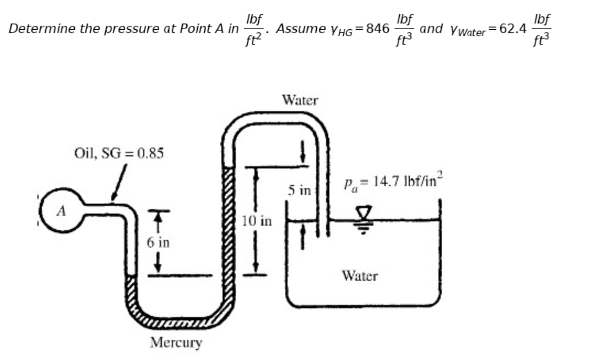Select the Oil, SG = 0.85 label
119,152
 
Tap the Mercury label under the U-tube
176,342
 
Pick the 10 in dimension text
256,221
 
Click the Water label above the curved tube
300,100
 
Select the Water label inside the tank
360,275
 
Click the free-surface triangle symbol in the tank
363,212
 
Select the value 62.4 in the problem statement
512,29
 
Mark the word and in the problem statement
431,29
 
